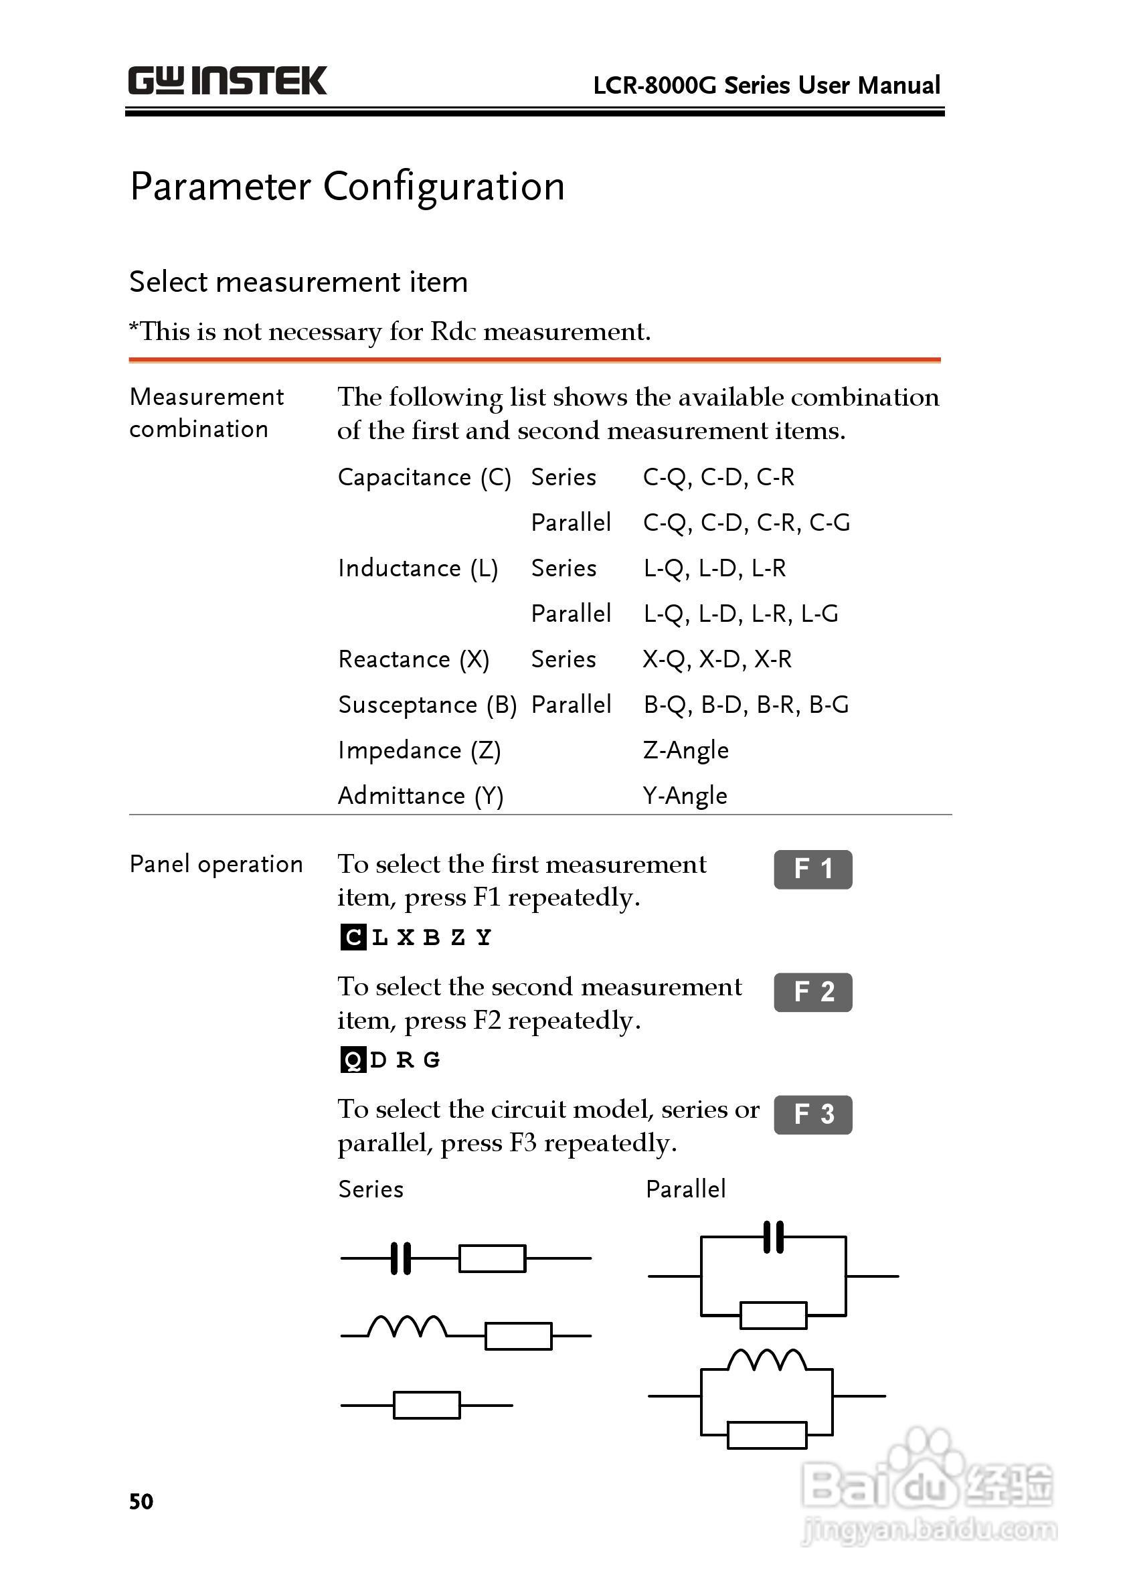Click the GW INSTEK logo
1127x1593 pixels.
pyautogui.click(x=227, y=81)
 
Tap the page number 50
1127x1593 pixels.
pyautogui.click(x=141, y=1501)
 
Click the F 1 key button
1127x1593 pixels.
pyautogui.click(x=812, y=869)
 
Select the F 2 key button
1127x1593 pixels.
pyautogui.click(x=812, y=992)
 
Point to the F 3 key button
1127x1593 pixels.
pyautogui.click(x=812, y=1114)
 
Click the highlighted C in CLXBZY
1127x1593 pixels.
pyautogui.click(x=353, y=938)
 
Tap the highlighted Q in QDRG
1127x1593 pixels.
pyautogui.click(x=353, y=1060)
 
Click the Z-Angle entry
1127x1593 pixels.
pyautogui.click(x=686, y=750)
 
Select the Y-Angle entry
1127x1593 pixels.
pyautogui.click(x=685, y=795)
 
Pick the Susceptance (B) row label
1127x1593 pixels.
pyautogui.click(x=428, y=705)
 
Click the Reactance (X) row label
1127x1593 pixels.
pyautogui.click(x=414, y=659)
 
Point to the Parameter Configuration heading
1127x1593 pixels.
pyautogui.click(x=347, y=187)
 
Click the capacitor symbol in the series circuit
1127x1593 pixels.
pyautogui.click(x=401, y=1258)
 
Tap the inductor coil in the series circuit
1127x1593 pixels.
pyautogui.click(x=407, y=1327)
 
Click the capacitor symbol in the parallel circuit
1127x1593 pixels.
pyautogui.click(x=773, y=1237)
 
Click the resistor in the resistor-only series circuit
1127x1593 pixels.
pyautogui.click(x=427, y=1405)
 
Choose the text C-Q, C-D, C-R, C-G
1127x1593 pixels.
pyautogui.click(x=746, y=523)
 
